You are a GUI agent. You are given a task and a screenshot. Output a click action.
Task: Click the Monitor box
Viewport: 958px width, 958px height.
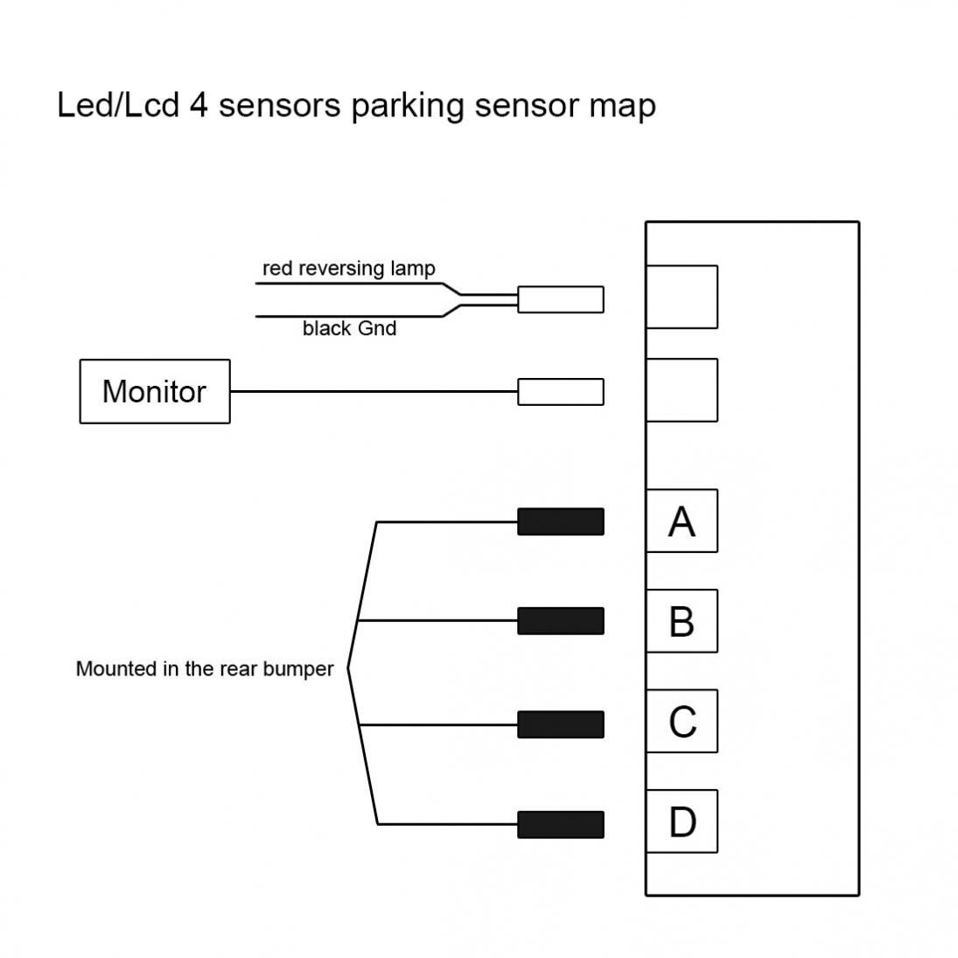coord(155,391)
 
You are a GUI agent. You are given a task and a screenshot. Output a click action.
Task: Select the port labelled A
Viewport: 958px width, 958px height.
coord(682,521)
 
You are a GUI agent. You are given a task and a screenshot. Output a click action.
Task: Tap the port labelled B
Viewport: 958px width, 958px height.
coord(682,621)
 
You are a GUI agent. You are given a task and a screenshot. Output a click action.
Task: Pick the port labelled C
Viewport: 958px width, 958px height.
coord(682,722)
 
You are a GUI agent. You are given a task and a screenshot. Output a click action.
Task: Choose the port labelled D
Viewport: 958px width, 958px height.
coord(682,822)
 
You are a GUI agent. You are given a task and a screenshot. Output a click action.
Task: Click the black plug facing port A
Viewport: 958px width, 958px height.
coord(561,521)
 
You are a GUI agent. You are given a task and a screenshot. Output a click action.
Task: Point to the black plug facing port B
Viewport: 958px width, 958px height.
coord(561,621)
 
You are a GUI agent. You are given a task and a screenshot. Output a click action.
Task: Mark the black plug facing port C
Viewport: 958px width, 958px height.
coord(561,724)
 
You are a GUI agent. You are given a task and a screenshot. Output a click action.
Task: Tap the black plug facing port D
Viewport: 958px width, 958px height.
coord(561,824)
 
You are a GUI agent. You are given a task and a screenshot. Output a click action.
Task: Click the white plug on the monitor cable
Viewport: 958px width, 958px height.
coord(561,391)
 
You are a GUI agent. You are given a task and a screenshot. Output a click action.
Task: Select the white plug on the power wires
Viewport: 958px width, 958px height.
coord(561,299)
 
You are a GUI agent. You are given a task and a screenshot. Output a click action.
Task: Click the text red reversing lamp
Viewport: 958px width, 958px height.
coord(348,269)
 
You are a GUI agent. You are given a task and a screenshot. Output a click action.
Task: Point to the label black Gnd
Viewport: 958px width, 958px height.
coord(349,328)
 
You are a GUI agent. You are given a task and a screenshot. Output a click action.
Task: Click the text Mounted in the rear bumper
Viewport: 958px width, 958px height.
coord(205,669)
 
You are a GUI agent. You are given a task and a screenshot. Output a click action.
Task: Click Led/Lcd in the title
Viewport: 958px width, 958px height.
coord(116,106)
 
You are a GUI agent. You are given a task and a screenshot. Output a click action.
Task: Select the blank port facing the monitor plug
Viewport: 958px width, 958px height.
coord(682,390)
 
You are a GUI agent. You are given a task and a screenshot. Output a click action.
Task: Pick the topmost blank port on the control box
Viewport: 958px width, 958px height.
coord(682,297)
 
